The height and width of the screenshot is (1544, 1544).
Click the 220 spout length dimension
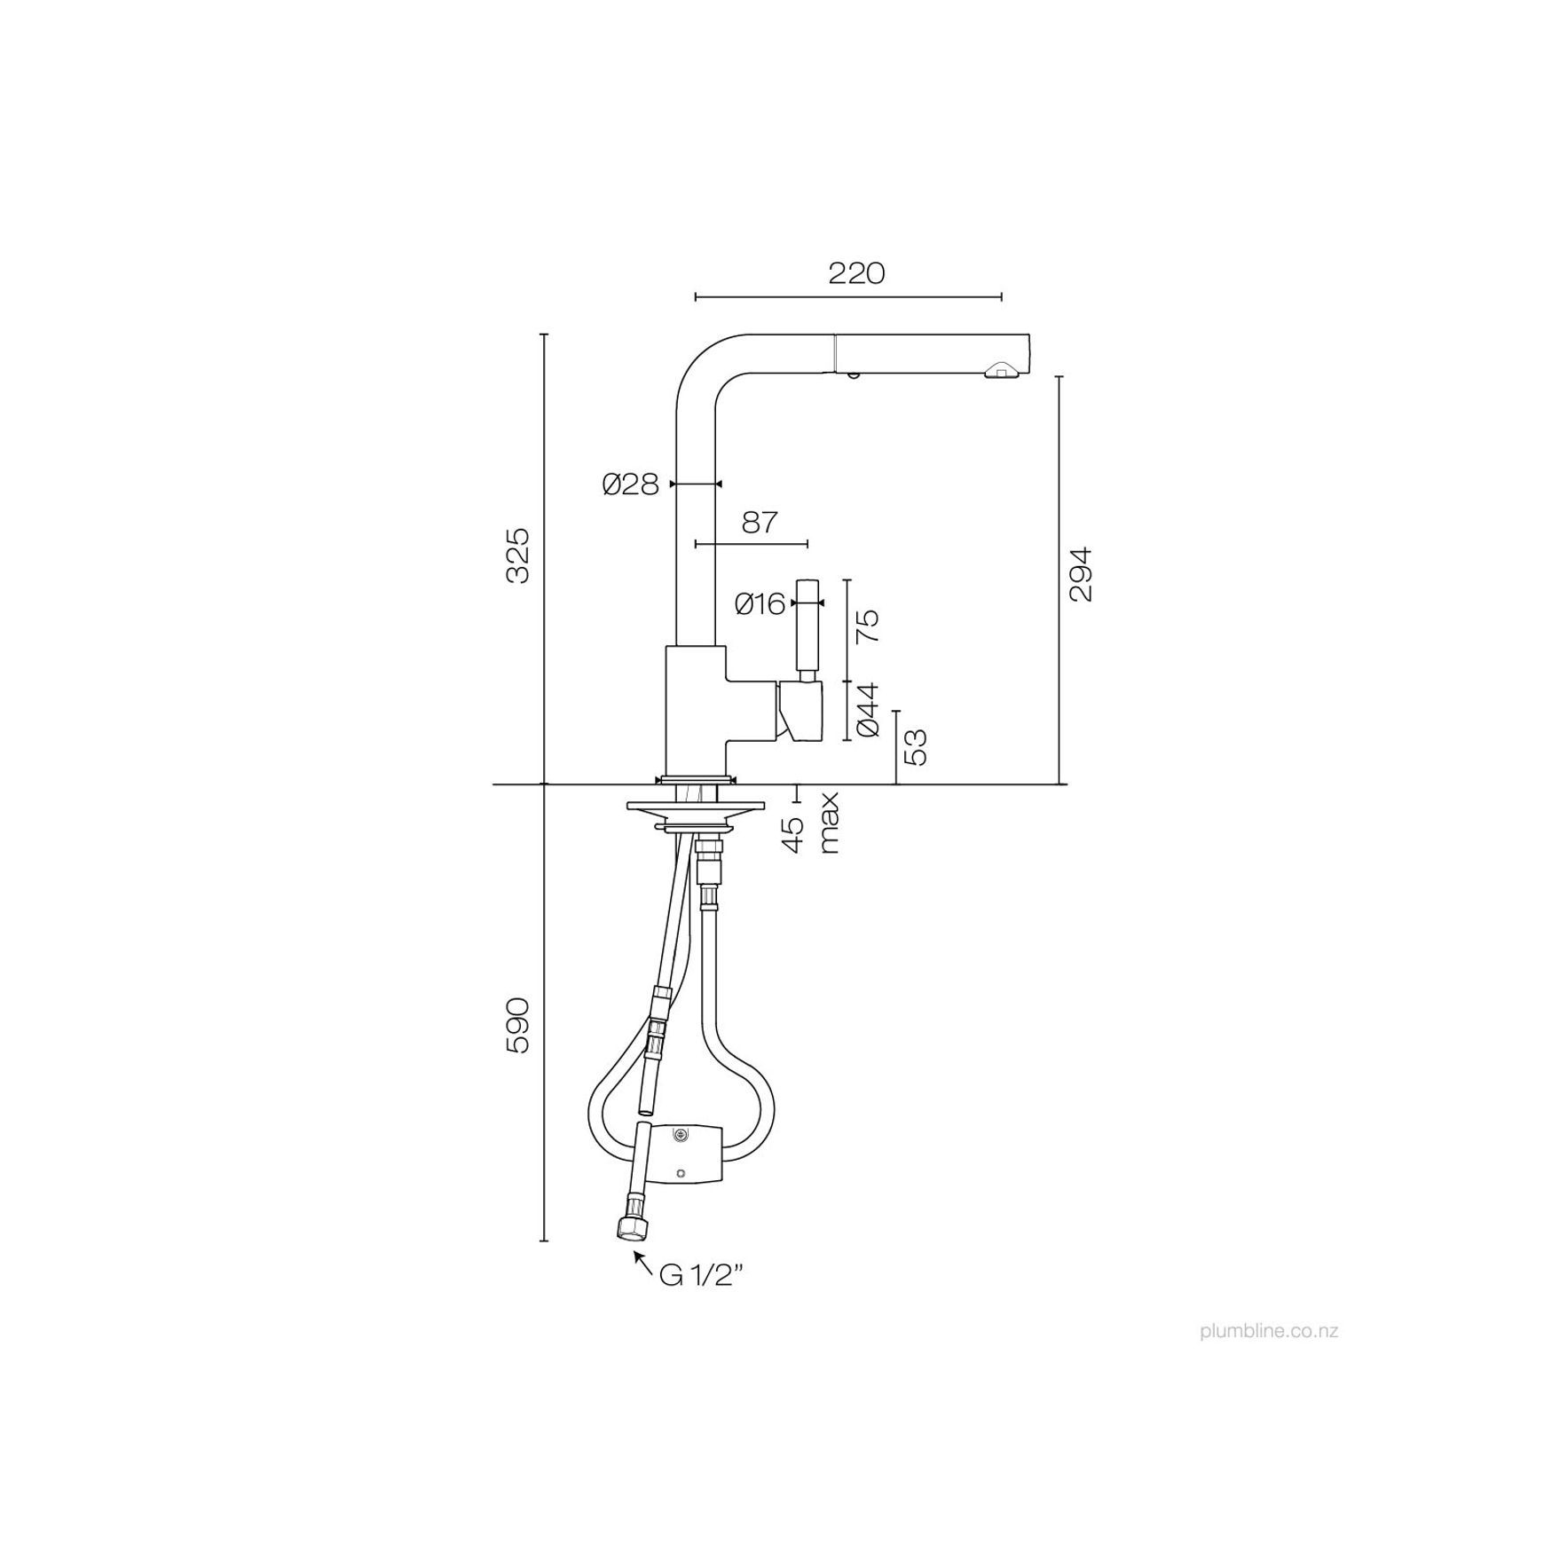pos(856,273)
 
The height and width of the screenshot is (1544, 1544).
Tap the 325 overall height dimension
pos(517,555)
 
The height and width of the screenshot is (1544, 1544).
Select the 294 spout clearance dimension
pos(1081,573)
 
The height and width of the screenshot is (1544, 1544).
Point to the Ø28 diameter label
pos(630,484)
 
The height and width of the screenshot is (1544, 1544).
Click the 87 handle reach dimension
pos(760,522)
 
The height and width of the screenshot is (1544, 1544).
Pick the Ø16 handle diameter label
pos(761,604)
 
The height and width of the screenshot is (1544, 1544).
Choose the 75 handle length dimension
pos(868,626)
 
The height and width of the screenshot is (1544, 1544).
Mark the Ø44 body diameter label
pos(868,709)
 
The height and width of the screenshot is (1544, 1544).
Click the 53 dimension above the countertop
pos(914,746)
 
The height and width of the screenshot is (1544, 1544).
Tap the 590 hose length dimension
pos(517,1025)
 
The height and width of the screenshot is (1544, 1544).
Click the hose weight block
pos(687,1154)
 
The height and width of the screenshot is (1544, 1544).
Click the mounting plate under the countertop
pos(695,807)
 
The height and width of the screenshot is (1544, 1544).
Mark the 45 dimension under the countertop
pos(795,834)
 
